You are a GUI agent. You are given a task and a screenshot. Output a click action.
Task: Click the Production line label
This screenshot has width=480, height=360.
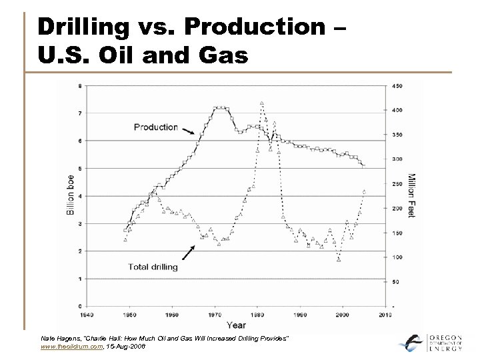click(x=155, y=127)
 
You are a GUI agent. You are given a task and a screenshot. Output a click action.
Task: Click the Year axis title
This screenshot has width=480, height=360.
click(x=235, y=325)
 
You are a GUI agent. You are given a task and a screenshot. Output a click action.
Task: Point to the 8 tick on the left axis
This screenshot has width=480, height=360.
click(x=81, y=85)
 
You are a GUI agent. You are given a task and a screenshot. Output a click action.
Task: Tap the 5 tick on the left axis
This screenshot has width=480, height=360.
click(x=81, y=168)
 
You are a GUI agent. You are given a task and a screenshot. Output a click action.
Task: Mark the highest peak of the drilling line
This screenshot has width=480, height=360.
click(x=262, y=103)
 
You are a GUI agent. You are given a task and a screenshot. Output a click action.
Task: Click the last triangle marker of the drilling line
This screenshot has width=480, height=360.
click(x=364, y=191)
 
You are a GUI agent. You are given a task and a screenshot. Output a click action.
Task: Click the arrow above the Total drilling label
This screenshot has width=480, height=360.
click(x=187, y=251)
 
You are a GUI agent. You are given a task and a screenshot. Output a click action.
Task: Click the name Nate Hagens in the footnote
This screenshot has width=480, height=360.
click(x=57, y=339)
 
